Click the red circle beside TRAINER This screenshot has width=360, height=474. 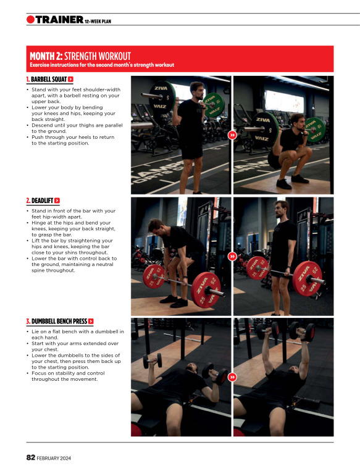tap(30, 20)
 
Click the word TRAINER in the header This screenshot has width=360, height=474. tap(59, 20)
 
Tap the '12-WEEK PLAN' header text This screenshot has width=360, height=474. tap(98, 22)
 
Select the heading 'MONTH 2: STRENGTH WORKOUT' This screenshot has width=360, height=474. tap(80, 56)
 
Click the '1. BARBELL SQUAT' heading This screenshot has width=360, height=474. tap(46, 80)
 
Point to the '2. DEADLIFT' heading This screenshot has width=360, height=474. tap(39, 201)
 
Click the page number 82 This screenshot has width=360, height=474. tap(30, 457)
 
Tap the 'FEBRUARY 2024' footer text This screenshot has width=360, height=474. tap(54, 458)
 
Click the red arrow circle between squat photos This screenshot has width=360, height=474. tap(232, 135)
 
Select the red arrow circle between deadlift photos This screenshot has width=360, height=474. tap(232, 256)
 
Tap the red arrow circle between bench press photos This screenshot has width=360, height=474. tap(232, 376)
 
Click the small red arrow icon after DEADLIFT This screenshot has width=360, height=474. tap(57, 201)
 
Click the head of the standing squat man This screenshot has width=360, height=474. tap(196, 90)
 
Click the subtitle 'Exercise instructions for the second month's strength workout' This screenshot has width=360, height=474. tap(102, 65)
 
